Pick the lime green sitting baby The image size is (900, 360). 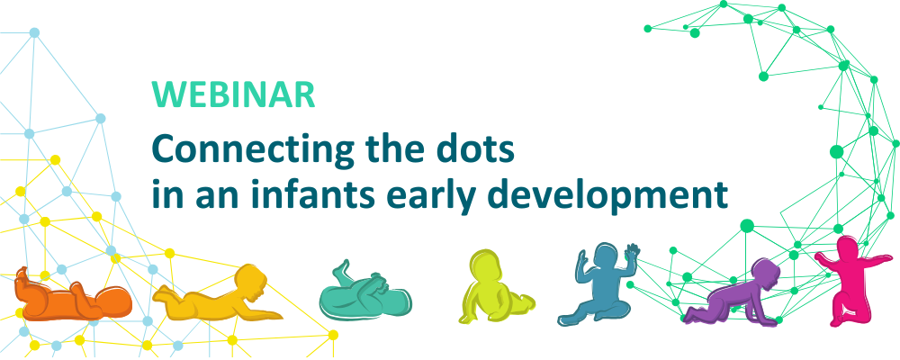[491, 287]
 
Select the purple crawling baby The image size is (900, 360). [734, 292]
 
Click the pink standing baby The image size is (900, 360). [851, 279]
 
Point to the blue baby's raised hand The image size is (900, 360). [633, 254]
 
